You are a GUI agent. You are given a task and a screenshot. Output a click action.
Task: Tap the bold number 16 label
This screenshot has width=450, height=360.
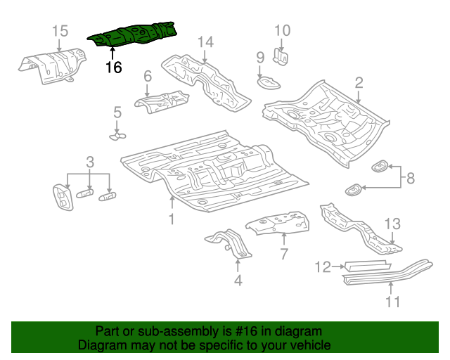coord(113,67)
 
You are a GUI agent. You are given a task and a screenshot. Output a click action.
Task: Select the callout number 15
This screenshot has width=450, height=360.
coord(60,30)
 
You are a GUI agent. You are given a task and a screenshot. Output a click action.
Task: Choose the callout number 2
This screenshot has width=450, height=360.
coord(359,83)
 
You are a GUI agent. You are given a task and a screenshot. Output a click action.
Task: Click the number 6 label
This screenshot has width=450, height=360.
coord(148,76)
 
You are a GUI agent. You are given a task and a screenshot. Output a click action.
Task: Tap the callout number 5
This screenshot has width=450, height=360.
coord(117,111)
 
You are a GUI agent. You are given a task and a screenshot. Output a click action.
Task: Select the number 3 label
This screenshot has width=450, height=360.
coord(90,163)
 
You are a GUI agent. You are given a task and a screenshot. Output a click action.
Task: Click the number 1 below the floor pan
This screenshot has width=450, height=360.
coord(172,220)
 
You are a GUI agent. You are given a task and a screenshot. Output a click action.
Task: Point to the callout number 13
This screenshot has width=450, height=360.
coord(392,224)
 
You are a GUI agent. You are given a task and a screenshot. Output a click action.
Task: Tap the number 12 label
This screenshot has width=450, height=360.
coord(323,266)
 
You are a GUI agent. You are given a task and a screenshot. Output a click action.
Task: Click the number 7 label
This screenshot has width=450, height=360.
coord(283,252)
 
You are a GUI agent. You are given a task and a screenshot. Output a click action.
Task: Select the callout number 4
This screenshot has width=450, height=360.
coord(238,281)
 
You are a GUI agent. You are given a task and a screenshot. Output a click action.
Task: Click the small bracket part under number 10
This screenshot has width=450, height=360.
coord(281,56)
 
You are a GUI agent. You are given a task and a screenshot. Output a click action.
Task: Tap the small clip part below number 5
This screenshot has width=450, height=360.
coord(117,134)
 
